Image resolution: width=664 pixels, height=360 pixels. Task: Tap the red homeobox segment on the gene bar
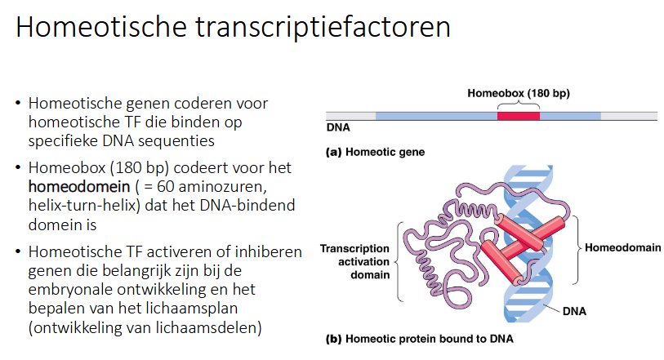coord(518,116)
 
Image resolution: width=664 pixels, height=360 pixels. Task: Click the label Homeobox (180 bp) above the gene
coord(519,93)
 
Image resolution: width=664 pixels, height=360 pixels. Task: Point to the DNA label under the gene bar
coord(338,129)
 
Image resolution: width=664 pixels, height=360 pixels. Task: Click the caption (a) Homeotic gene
coord(375,152)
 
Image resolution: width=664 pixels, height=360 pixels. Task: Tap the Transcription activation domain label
coord(354,261)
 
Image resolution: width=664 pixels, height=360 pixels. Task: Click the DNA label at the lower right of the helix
coord(573,311)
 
